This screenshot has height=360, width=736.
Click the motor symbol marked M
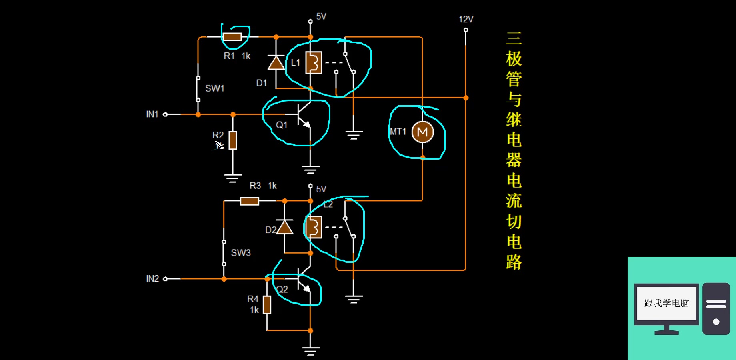(422, 132)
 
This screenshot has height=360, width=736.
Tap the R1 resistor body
(232, 37)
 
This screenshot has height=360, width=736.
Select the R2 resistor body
(232, 140)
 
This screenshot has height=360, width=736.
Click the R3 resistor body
(249, 201)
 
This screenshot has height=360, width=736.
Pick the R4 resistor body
(267, 305)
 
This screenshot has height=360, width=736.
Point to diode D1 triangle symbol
(276, 63)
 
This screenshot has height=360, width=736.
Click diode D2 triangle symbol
(284, 227)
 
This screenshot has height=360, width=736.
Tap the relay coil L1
(314, 63)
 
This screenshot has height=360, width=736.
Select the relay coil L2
(314, 227)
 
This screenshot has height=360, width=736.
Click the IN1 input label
(152, 114)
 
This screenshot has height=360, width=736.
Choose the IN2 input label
(152, 279)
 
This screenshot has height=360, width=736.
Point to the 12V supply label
(466, 19)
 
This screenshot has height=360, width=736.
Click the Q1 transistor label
(282, 125)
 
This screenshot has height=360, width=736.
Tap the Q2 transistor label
(282, 290)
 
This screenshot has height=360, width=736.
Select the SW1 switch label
(215, 88)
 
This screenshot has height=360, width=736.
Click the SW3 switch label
(241, 253)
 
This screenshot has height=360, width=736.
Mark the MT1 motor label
(398, 132)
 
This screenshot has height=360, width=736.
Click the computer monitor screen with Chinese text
(666, 303)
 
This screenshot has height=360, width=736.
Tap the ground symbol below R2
(232, 178)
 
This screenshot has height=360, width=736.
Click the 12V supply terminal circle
(466, 30)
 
